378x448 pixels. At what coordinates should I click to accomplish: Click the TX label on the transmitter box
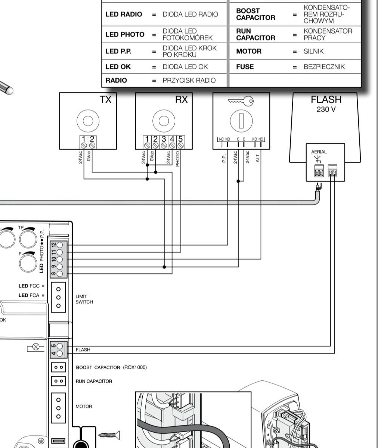point(105,100)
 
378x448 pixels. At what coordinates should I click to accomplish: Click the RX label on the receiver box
point(182,100)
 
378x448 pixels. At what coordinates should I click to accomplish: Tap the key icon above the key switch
point(241,101)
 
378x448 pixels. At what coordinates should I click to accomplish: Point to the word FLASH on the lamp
point(326,100)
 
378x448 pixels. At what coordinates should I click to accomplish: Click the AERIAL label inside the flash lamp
point(319,152)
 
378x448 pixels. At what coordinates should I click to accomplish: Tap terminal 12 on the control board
point(59,245)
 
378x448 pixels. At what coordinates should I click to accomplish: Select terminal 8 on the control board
point(59,274)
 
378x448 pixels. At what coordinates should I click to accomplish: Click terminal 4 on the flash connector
point(59,353)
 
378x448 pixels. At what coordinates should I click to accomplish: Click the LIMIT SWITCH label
point(84,299)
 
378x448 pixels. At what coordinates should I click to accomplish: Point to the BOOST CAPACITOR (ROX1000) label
point(111,367)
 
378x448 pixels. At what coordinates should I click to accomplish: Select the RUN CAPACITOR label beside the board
point(94,381)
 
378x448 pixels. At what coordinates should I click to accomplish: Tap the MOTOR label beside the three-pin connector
point(84,407)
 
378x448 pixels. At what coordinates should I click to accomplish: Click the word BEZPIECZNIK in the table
point(324,67)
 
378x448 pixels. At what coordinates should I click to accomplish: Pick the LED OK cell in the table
point(118,67)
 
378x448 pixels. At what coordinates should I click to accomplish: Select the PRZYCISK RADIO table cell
point(189,80)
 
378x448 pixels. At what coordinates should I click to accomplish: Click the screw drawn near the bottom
point(109,435)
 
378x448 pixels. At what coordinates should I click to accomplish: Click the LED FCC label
point(29,286)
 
